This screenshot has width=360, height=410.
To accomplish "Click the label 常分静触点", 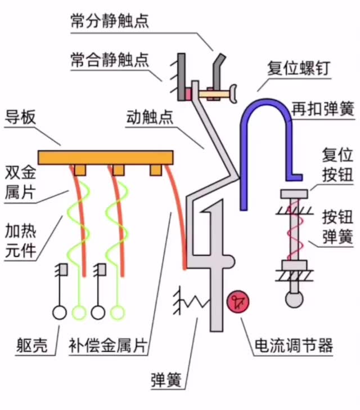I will [109, 21].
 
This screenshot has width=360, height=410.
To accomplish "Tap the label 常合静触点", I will [109, 60].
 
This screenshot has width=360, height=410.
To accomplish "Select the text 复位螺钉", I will [299, 69].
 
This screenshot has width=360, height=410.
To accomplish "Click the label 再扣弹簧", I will [323, 109].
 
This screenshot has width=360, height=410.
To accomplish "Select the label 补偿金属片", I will [107, 344].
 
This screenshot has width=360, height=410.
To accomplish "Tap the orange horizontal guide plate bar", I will [105, 157].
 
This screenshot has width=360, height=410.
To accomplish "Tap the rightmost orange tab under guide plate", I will [156, 170].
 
